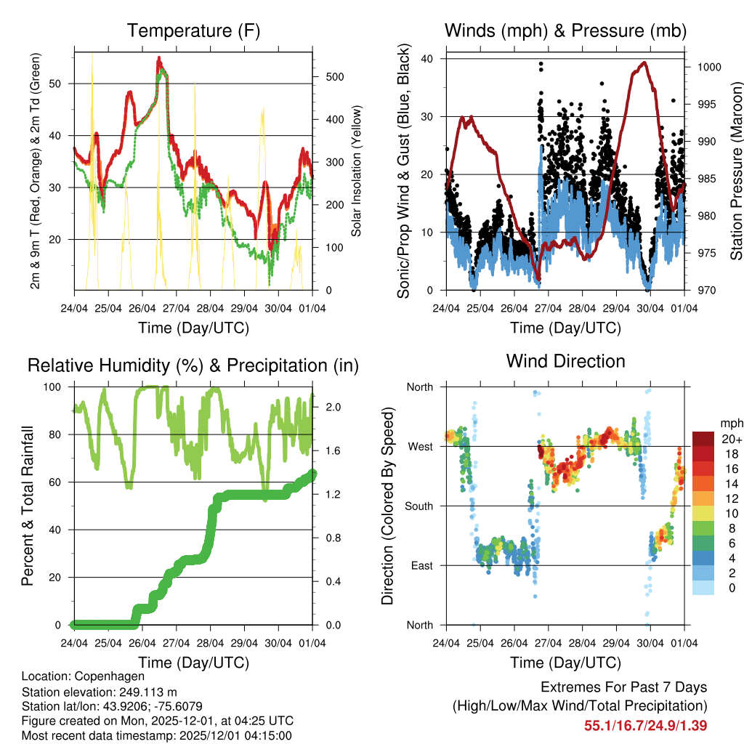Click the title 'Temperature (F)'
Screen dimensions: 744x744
[193, 31]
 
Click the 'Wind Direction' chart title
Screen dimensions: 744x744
[565, 360]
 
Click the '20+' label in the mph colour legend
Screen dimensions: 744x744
[732, 439]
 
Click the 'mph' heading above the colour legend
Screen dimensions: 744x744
[731, 422]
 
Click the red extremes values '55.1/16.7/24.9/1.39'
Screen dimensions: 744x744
[645, 725]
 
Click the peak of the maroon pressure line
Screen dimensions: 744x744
[643, 62]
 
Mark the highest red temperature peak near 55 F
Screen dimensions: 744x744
[158, 58]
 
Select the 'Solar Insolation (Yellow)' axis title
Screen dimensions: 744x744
[356, 171]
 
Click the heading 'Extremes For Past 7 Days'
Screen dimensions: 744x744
[623, 687]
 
